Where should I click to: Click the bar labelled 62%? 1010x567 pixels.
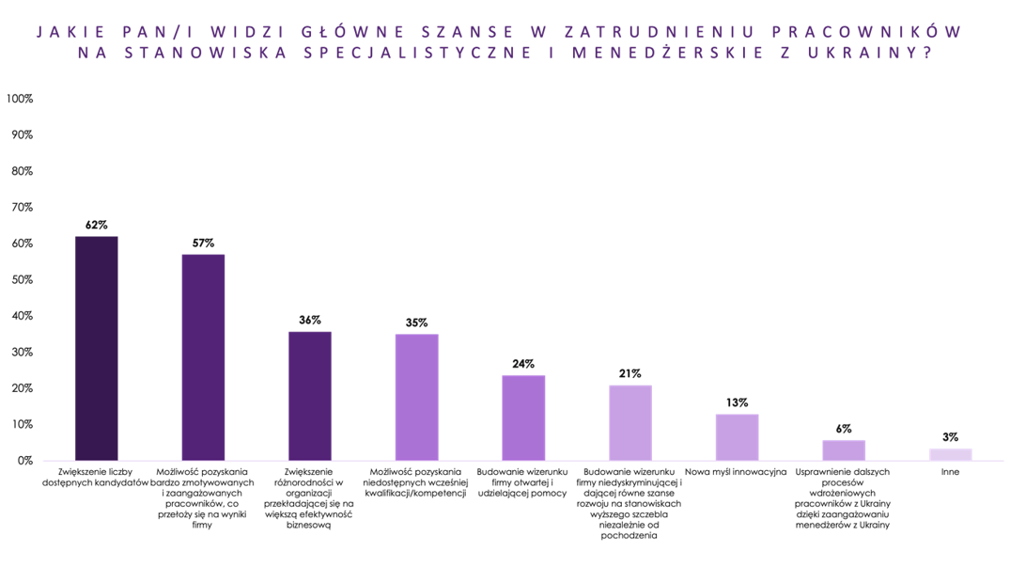point(96,348)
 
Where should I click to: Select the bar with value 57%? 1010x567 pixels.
point(203,357)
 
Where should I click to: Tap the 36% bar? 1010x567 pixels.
point(309,396)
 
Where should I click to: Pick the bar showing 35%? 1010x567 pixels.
point(416,397)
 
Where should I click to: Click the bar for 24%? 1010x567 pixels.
point(523,417)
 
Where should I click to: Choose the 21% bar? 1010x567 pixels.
point(629,422)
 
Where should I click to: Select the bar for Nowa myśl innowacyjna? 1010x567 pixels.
point(737,437)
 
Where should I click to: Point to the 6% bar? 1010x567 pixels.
point(843,450)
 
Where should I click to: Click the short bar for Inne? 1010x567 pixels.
point(950,455)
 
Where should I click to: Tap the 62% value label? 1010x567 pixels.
point(96,225)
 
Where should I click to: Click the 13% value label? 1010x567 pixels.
point(737,402)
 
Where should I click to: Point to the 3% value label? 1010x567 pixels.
point(950,437)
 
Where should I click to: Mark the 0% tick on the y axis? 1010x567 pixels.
point(23,461)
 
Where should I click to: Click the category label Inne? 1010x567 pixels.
point(950,472)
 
